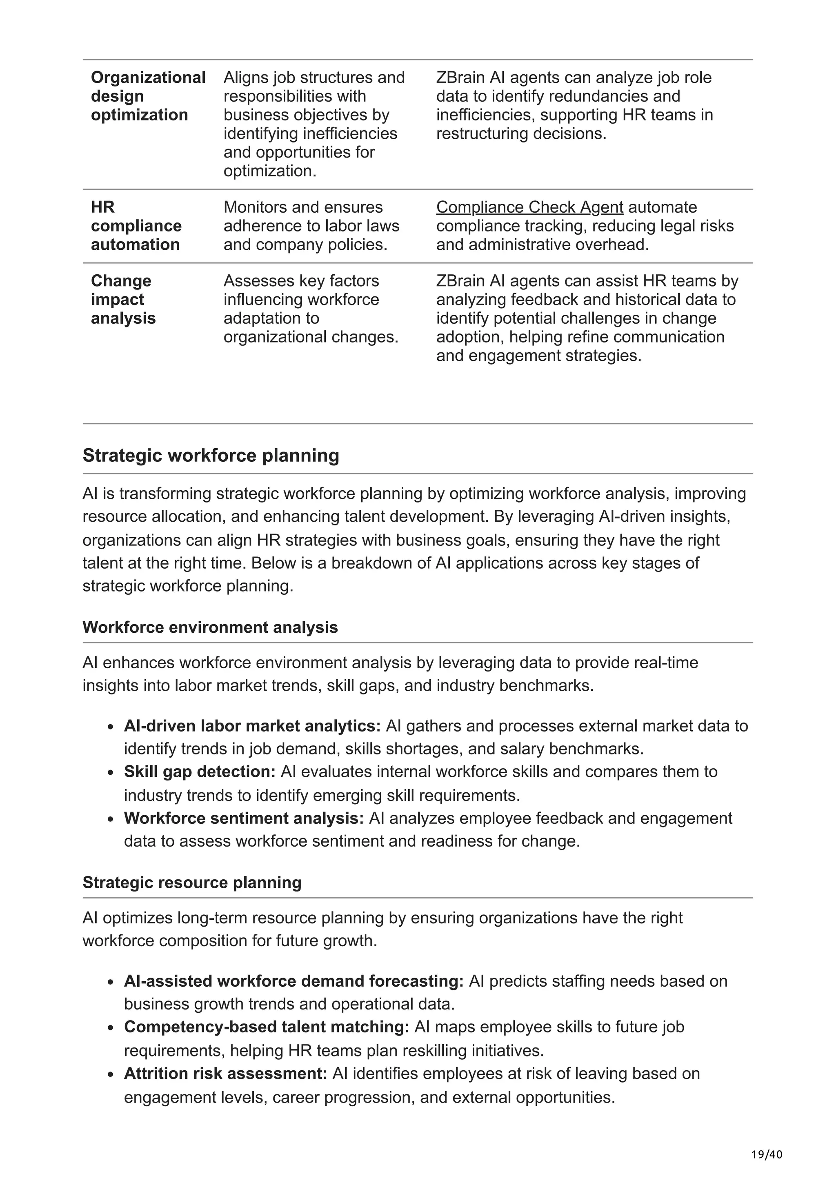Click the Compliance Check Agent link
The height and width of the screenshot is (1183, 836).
click(529, 207)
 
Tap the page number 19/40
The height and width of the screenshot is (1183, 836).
click(767, 1155)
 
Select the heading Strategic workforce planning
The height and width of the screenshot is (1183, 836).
click(211, 456)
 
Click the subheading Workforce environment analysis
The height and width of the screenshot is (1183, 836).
click(210, 627)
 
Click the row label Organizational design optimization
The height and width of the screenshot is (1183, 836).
click(148, 96)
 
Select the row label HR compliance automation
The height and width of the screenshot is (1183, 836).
click(136, 226)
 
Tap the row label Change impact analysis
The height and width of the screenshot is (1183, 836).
click(123, 299)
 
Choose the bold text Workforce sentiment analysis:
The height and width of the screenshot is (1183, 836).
click(244, 818)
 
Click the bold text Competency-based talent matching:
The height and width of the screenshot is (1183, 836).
click(266, 1027)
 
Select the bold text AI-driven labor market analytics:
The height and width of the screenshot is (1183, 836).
click(252, 726)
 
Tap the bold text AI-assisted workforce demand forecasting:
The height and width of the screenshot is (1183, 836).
click(293, 981)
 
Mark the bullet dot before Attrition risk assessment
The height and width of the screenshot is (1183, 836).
click(110, 1075)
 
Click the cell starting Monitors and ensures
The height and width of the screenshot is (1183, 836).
click(311, 226)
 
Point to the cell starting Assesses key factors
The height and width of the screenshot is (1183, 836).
click(311, 309)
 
